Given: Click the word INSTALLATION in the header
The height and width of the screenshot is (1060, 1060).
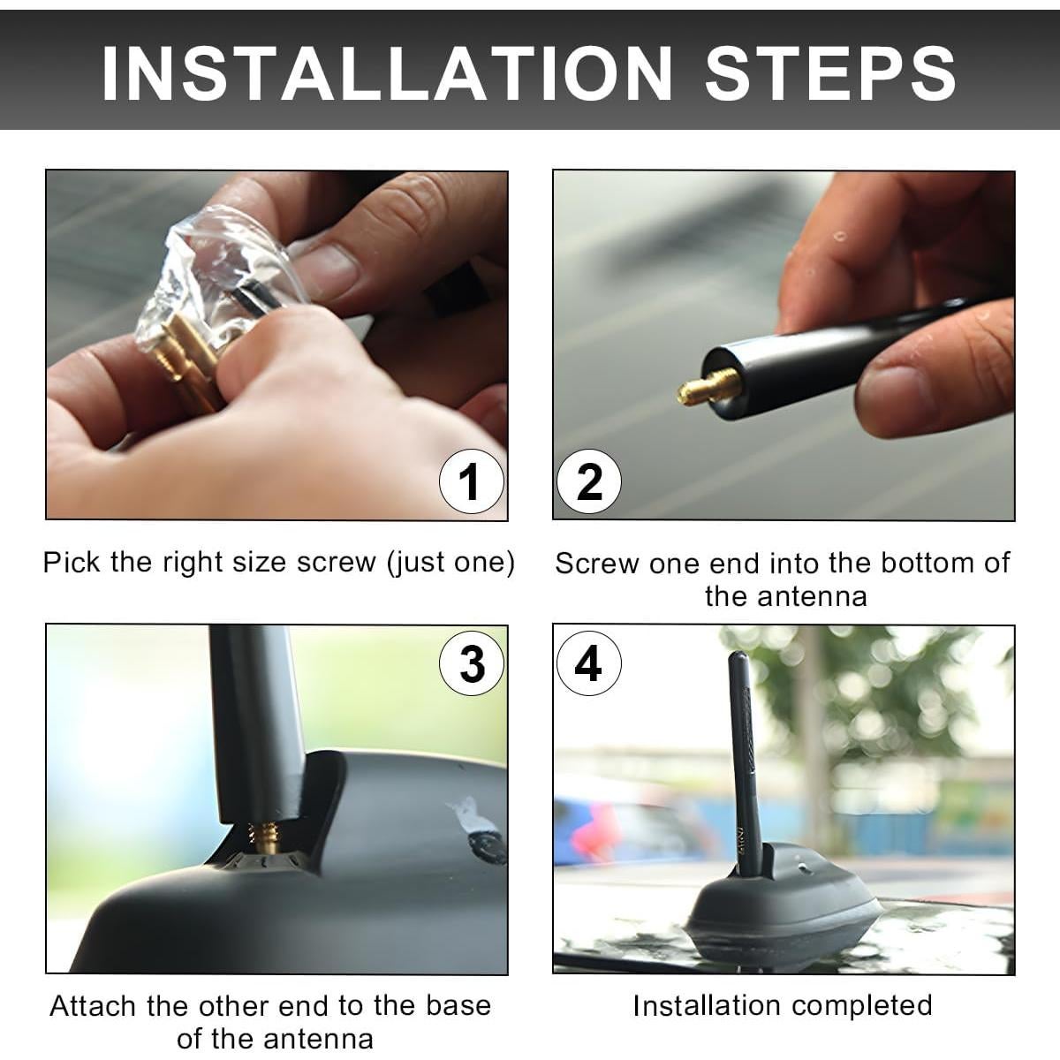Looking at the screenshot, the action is (386, 73).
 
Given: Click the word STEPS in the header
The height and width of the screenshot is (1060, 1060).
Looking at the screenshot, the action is (830, 73).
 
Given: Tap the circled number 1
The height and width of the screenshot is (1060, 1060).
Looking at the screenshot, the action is (472, 481).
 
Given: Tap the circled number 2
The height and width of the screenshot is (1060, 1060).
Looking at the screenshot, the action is (589, 481).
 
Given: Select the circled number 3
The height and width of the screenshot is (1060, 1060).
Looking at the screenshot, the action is (472, 664).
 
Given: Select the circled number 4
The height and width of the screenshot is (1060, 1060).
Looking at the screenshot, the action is (589, 664).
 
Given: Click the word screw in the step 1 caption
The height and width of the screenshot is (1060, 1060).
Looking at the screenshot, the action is (337, 562).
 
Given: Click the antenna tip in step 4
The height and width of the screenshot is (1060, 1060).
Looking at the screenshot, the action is (736, 655).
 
